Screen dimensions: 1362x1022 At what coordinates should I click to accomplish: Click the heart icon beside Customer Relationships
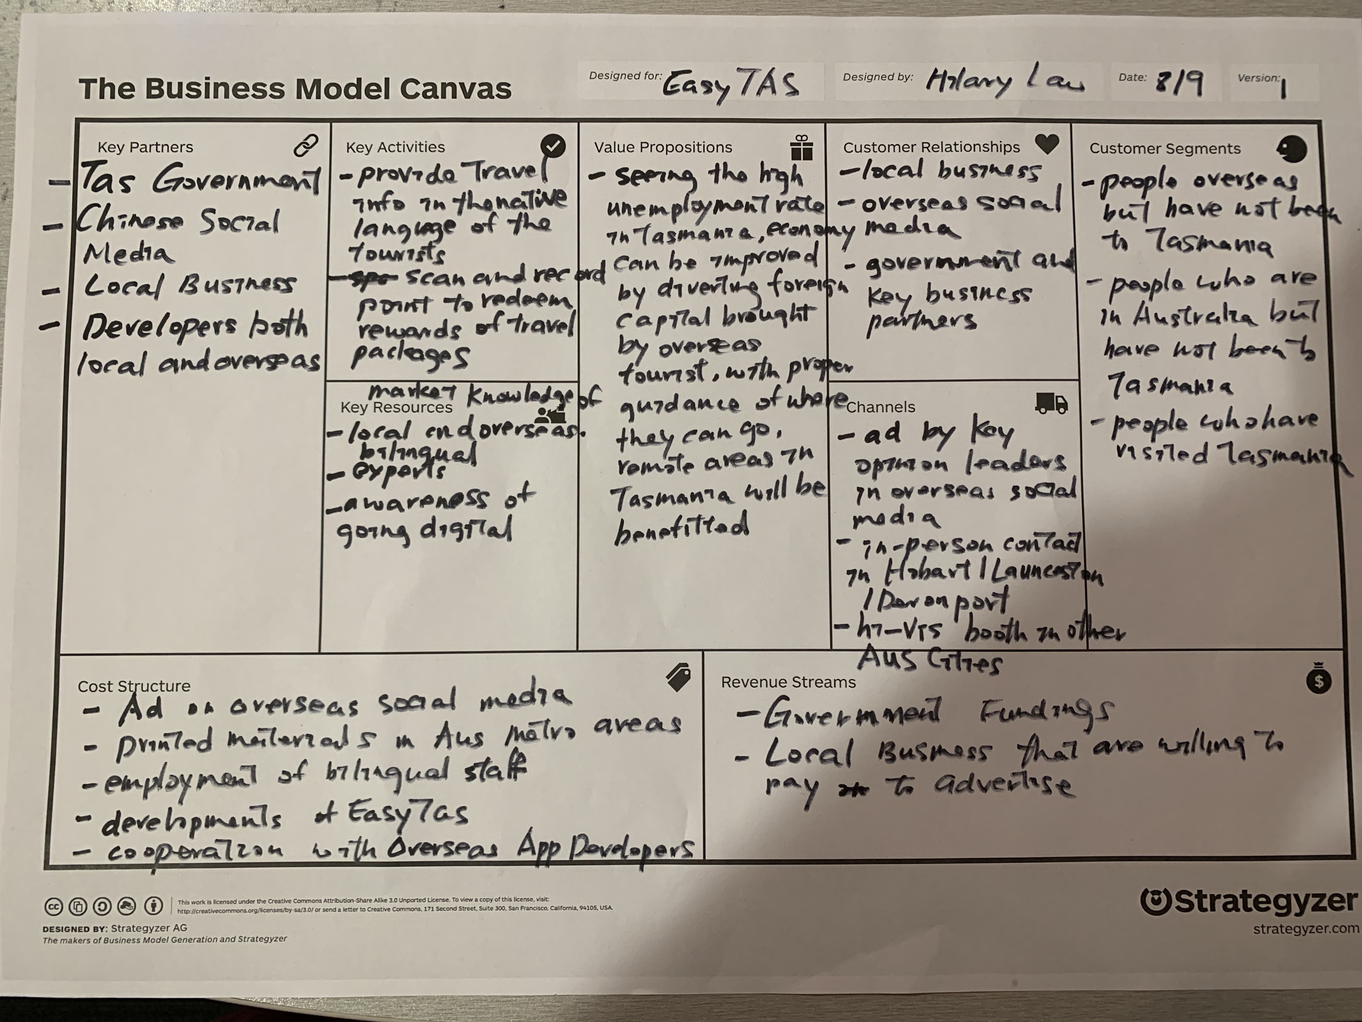(1047, 144)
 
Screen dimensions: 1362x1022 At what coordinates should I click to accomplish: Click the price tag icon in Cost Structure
(679, 678)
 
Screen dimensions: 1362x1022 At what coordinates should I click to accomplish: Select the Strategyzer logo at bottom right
(1248, 902)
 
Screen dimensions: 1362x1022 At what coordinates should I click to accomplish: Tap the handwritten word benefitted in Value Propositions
(681, 529)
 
